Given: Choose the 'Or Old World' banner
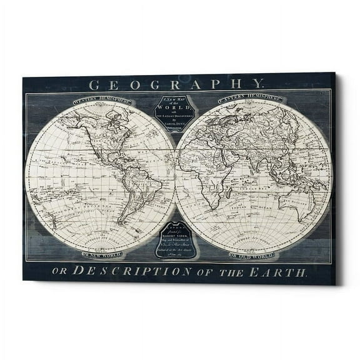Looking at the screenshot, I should click(x=252, y=256).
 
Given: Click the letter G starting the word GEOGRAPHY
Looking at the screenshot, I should click(x=93, y=84).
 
